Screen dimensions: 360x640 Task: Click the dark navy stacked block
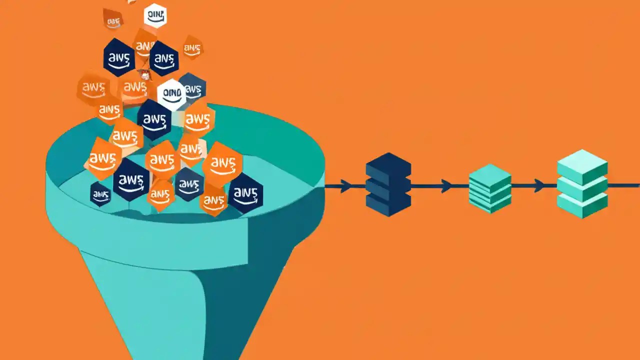(388, 185)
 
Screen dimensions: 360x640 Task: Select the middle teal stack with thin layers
(490, 188)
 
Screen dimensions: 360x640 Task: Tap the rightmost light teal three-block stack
(582, 183)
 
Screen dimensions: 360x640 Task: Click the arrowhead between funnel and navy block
(345, 186)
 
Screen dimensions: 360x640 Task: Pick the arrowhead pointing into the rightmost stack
(539, 185)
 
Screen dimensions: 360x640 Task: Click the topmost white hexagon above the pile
(155, 15)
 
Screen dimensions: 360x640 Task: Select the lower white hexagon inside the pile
(171, 94)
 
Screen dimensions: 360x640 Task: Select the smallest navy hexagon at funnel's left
(100, 194)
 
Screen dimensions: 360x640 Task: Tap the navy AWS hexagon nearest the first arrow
(245, 193)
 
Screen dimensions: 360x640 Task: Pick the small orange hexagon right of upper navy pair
(192, 48)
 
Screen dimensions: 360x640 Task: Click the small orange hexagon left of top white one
(113, 20)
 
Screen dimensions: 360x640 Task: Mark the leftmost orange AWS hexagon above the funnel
(93, 88)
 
